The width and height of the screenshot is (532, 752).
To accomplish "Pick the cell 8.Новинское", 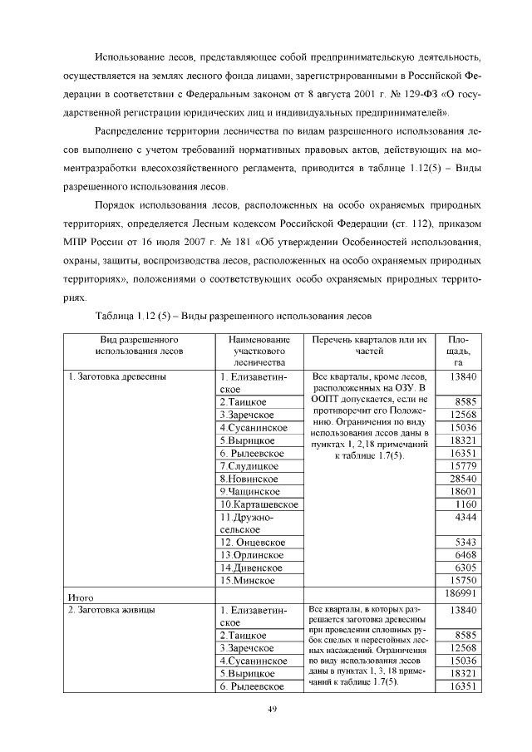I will (249, 479).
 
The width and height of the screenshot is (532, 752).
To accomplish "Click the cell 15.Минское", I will (247, 580).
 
